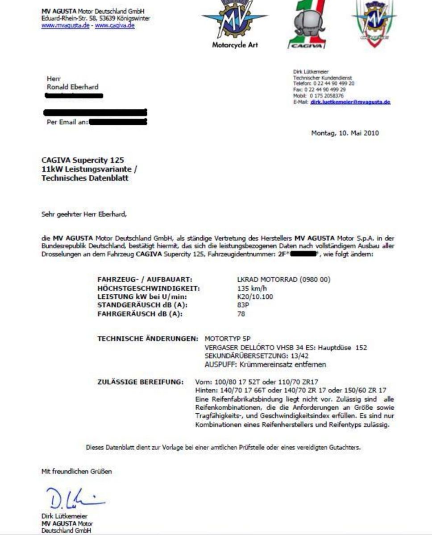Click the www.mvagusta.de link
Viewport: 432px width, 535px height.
[x=65, y=26]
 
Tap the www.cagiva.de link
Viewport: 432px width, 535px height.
[x=115, y=26]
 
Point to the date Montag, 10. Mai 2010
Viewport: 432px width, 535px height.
[x=345, y=133]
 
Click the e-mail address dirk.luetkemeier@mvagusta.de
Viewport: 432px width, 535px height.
[x=350, y=102]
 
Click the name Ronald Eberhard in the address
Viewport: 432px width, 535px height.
[x=72, y=87]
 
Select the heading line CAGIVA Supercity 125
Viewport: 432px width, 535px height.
[x=83, y=160]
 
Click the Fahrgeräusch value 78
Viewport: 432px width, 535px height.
[x=241, y=314]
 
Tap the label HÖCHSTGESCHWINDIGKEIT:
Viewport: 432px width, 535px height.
[x=148, y=288]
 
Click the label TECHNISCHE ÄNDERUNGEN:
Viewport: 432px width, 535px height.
[x=148, y=339]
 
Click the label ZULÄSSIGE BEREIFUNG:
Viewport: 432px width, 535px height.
[x=140, y=382]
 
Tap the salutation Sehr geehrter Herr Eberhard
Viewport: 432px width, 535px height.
[x=84, y=214]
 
